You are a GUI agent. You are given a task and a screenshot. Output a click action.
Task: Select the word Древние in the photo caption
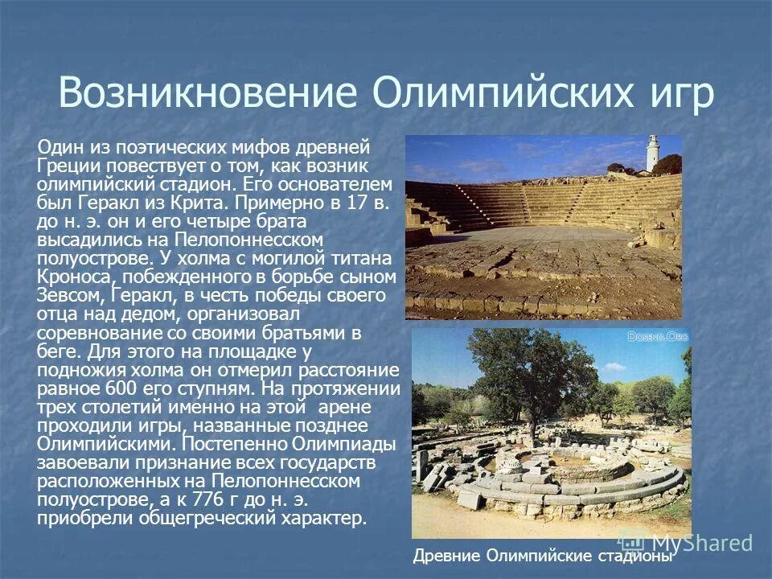pos(445,556)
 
